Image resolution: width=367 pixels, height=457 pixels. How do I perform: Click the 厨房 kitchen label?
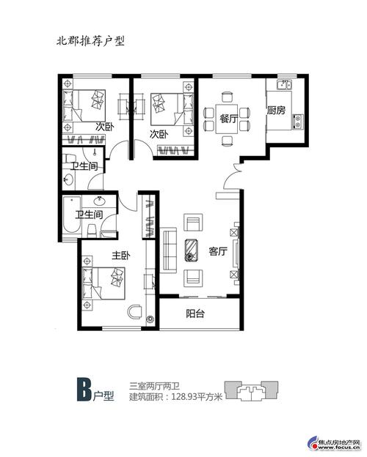pyautogui.click(x=276, y=111)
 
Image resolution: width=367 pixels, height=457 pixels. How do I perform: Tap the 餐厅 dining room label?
pyautogui.click(x=229, y=119)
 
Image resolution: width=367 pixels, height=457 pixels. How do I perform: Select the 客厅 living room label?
pyautogui.click(x=218, y=251)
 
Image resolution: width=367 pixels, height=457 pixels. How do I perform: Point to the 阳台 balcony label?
pyautogui.click(x=195, y=313)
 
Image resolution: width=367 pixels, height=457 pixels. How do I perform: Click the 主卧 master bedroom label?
pyautogui.click(x=120, y=256)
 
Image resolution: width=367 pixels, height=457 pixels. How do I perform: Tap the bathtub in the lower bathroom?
pyautogui.click(x=72, y=215)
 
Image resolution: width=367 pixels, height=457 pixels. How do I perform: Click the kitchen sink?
pyautogui.click(x=284, y=85)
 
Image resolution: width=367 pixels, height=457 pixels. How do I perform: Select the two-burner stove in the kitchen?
pyautogui.click(x=298, y=122)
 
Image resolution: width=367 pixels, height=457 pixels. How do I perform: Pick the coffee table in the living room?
pyautogui.click(x=192, y=250)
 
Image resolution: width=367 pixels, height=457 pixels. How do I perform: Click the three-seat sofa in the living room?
pyautogui.click(x=170, y=250)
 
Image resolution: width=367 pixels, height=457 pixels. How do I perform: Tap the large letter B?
pyautogui.click(x=84, y=390)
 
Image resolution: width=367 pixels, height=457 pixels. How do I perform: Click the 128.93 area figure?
pyautogui.click(x=184, y=397)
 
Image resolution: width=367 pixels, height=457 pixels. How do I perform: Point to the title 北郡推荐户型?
pyautogui.click(x=90, y=40)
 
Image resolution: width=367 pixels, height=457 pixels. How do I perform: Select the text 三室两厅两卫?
pyautogui.click(x=155, y=387)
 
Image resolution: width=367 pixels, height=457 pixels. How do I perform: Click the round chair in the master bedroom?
pyautogui.click(x=135, y=311)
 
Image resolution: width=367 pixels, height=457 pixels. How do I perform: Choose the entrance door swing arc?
pyautogui.click(x=230, y=177)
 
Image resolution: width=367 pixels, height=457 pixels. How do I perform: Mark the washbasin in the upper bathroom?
pyautogui.click(x=69, y=179)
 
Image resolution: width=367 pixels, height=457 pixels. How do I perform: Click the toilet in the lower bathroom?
pyautogui.click(x=92, y=230)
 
